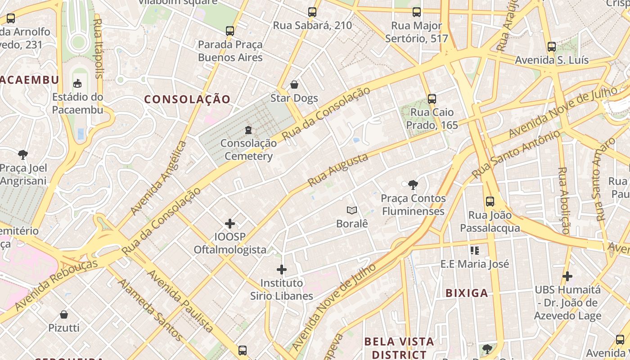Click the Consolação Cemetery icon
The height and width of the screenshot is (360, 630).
(x=248, y=130)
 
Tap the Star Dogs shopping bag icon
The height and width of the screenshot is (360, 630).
(x=294, y=85)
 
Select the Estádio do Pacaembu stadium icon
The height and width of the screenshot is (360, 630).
(x=77, y=83)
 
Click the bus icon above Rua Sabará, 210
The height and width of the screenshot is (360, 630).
(x=312, y=12)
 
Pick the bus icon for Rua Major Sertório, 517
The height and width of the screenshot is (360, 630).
(x=417, y=12)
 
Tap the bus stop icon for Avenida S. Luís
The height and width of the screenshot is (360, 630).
(x=552, y=47)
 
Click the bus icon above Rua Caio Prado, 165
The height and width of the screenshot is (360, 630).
(x=432, y=99)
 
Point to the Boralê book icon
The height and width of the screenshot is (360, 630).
(x=352, y=210)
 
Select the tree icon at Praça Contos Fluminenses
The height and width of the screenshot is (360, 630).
(x=413, y=184)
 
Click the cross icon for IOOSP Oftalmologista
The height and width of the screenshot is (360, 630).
(x=230, y=223)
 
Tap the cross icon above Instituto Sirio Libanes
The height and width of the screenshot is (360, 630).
(x=282, y=270)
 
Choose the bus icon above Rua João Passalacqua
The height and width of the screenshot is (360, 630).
(x=490, y=202)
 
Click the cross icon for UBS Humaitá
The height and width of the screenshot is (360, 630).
(x=567, y=276)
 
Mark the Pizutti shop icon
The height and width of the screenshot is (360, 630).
(x=64, y=314)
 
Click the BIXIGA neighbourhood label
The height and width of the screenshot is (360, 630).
(x=467, y=293)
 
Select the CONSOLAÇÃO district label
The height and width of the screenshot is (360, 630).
(x=187, y=99)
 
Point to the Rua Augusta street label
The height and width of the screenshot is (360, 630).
(x=338, y=170)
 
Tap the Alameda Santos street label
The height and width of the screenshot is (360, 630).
(x=150, y=310)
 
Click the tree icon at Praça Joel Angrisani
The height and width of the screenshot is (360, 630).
(x=23, y=155)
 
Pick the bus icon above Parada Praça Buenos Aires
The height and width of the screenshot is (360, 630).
(x=230, y=31)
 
